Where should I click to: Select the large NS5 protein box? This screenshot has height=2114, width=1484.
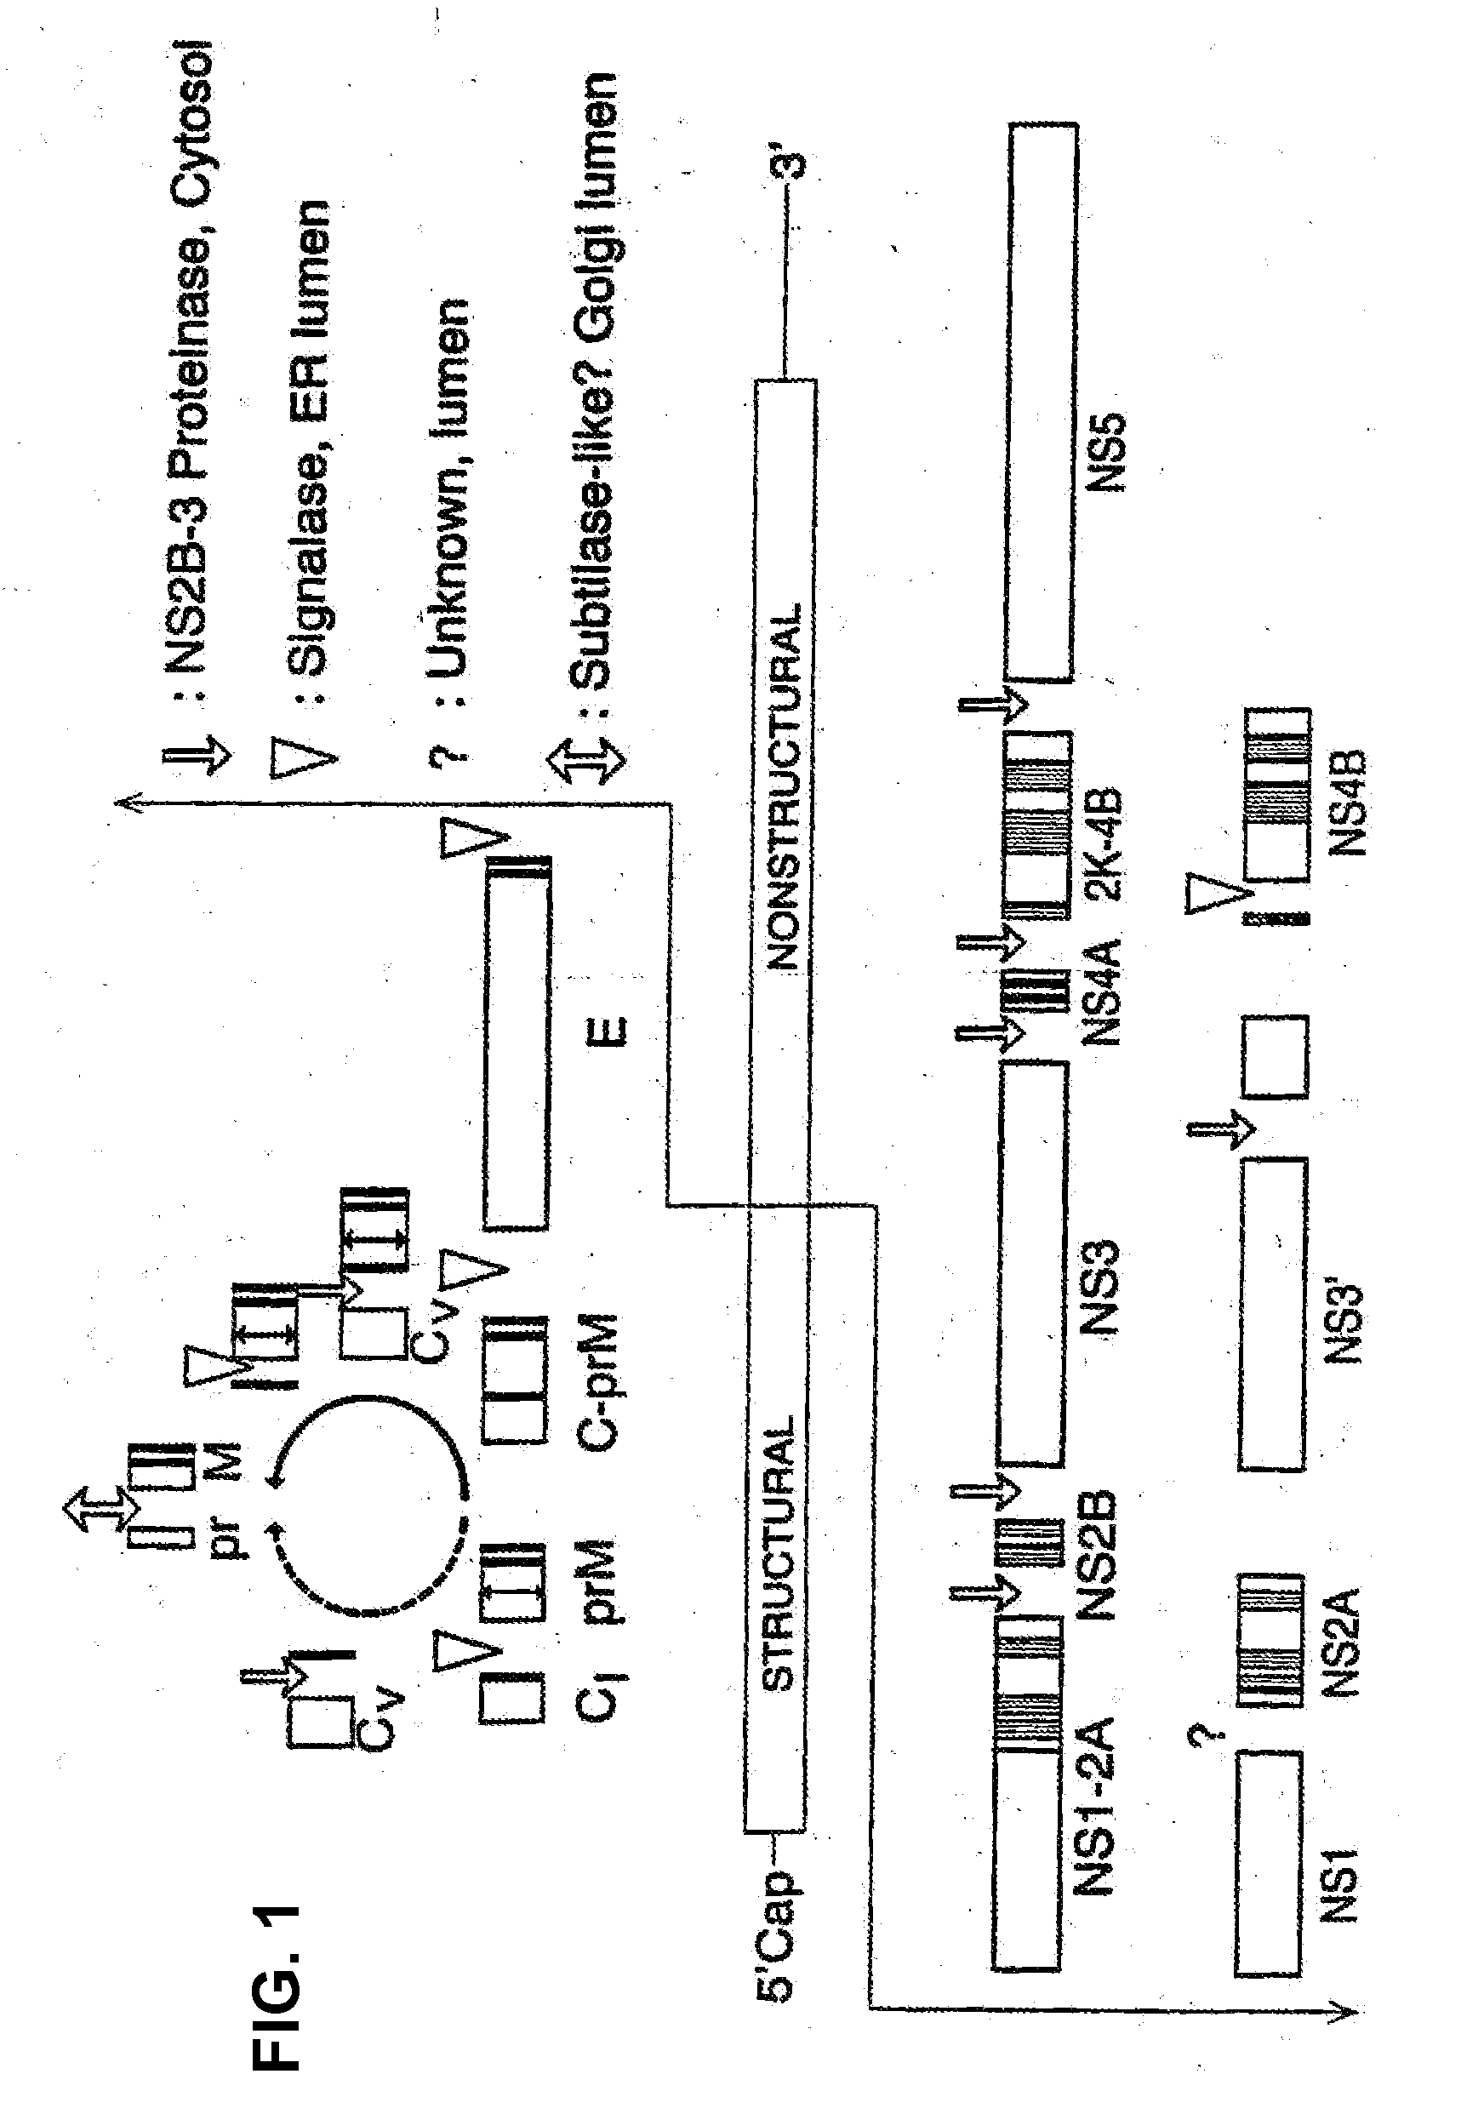1041,403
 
